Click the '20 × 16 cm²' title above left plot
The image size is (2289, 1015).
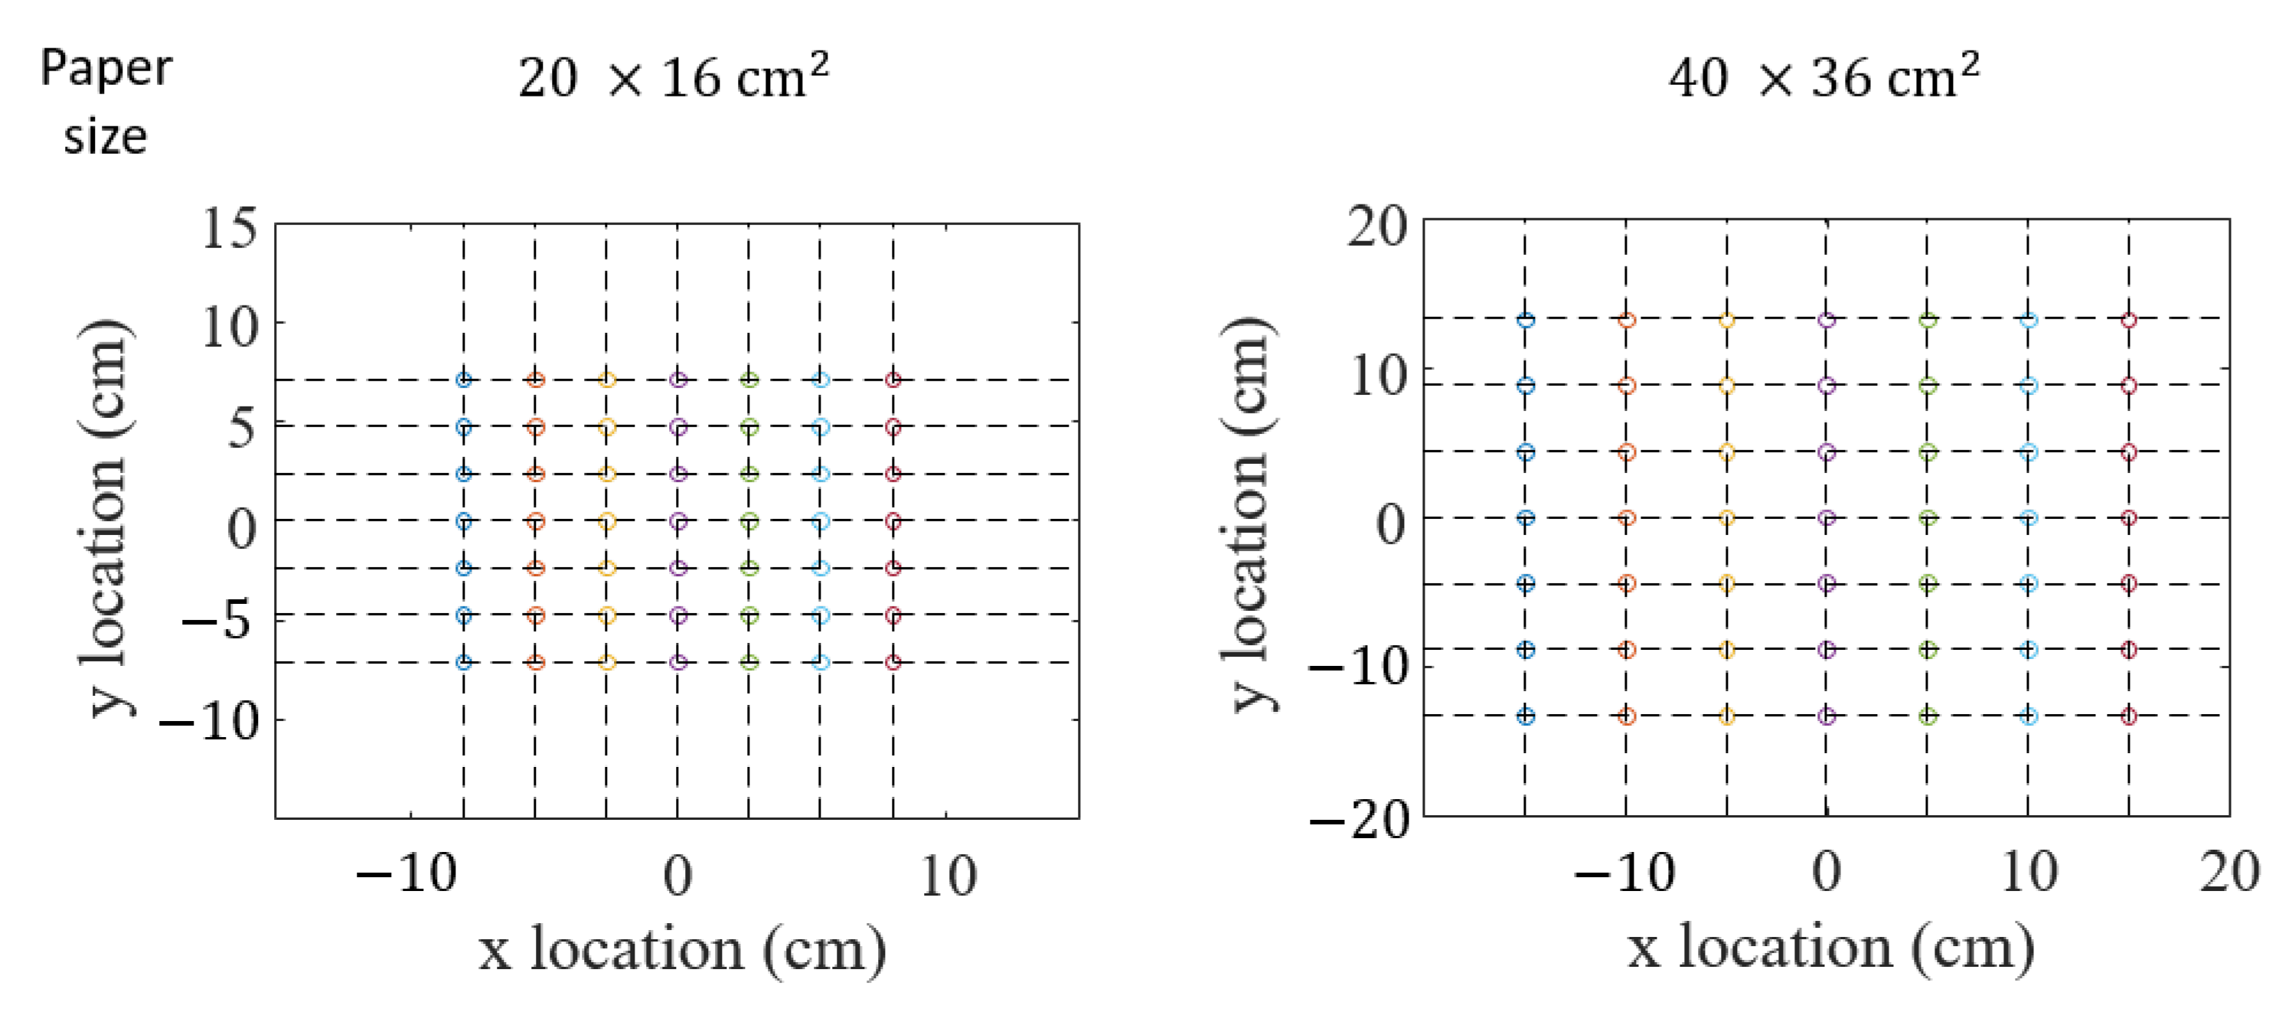pyautogui.click(x=673, y=78)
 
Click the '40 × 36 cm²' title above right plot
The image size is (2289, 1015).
pyautogui.click(x=1823, y=78)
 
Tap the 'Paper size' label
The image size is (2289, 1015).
pyautogui.click(x=106, y=103)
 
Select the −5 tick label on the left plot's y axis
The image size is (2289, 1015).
pyautogui.click(x=217, y=618)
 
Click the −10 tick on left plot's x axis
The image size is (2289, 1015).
pyautogui.click(x=407, y=875)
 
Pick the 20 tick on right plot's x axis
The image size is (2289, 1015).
pyautogui.click(x=2229, y=872)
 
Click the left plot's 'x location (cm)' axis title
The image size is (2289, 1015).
pyautogui.click(x=681, y=949)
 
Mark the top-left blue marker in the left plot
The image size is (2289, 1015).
pyautogui.click(x=464, y=380)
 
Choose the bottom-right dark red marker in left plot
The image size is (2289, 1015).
pyautogui.click(x=893, y=662)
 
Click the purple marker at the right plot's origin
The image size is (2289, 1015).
pyautogui.click(x=1827, y=518)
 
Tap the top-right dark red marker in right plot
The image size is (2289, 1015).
pyautogui.click(x=2128, y=320)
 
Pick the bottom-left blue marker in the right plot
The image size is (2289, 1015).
pyautogui.click(x=1526, y=716)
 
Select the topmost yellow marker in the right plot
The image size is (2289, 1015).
pyautogui.click(x=1726, y=320)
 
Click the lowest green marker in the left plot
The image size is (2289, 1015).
pyautogui.click(x=749, y=662)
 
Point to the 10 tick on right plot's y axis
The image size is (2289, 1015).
pyautogui.click(x=1378, y=377)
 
